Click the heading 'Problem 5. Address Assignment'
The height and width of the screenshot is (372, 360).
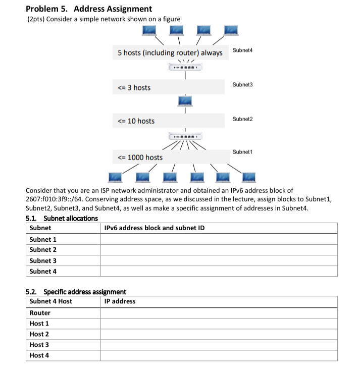88,9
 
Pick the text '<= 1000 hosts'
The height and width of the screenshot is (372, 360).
140,157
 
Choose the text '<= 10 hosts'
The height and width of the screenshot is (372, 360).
136,121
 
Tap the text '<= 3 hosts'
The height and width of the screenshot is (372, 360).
134,88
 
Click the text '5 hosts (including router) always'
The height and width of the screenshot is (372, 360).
170,53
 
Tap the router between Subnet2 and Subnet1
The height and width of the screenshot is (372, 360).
185,136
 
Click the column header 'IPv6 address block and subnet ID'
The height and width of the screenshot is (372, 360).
154,228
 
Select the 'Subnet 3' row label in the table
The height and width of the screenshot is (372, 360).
43,260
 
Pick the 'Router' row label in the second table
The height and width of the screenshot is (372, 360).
40,313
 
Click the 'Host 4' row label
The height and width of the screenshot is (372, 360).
39,355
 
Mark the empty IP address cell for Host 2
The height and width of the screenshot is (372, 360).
219,334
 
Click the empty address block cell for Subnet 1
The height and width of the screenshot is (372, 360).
219,239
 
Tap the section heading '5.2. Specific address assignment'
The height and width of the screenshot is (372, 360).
76,292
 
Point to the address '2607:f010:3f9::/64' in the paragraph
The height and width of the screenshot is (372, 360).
55,199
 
